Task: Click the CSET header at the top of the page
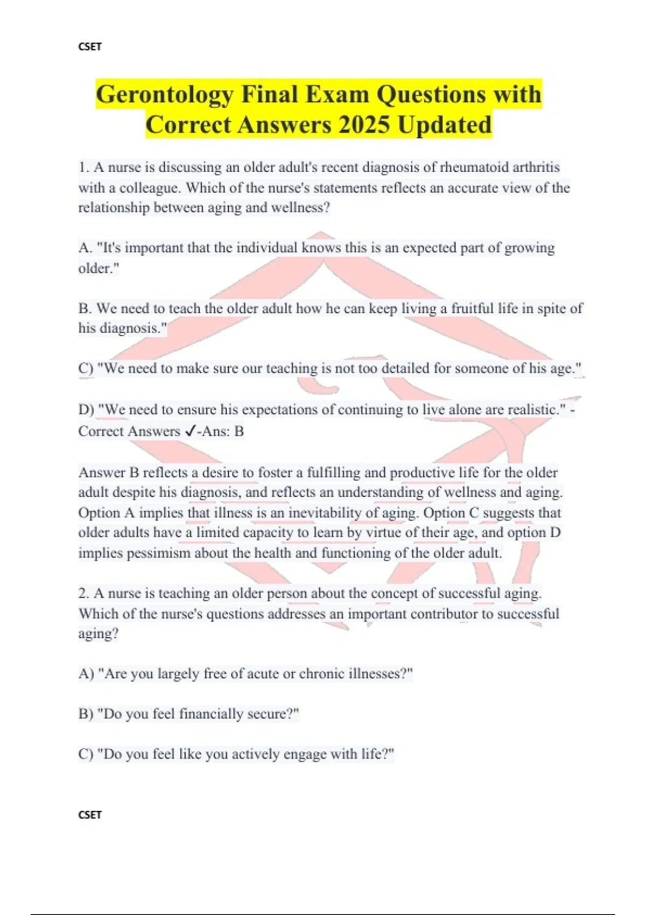coord(90,47)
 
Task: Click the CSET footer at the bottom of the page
coord(90,815)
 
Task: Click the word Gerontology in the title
coord(165,95)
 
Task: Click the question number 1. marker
coord(83,167)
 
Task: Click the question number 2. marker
coord(83,594)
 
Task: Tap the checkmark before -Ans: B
coord(189,431)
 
